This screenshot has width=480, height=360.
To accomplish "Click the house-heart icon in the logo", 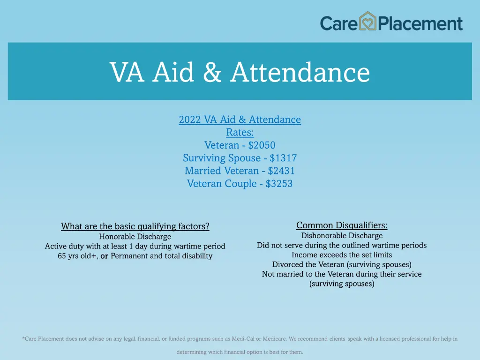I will coord(368,22).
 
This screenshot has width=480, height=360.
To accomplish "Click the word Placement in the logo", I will coord(420,23).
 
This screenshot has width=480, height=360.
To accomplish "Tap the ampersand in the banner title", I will coord(212,73).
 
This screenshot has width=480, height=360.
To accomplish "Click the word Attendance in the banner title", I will coord(300,73).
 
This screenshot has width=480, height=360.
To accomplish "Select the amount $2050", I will coord(262,145).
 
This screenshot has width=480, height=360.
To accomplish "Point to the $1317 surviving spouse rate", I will coord(283,158).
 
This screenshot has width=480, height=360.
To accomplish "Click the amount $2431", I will coord(281,171).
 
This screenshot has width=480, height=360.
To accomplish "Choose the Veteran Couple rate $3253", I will coord(279,184).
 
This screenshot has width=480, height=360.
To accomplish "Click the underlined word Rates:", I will coord(240,133).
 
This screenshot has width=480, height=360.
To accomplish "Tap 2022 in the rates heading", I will coord(189,120).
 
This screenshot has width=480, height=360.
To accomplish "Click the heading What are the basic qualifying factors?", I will coord(135,226).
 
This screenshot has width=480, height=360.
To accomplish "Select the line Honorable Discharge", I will coord(135,237).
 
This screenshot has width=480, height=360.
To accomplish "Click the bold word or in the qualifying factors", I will coord(104,256).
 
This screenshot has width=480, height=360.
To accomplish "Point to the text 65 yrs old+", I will coord(77,256).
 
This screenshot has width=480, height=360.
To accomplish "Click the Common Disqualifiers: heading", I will coord(342,225).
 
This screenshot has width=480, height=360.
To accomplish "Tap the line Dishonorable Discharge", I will coord(342,236).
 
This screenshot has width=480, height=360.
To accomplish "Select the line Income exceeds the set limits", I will coord(342,255).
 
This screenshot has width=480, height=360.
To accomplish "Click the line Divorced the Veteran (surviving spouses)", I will coord(342,264).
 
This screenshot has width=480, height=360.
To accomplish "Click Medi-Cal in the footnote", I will coord(243,338).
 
